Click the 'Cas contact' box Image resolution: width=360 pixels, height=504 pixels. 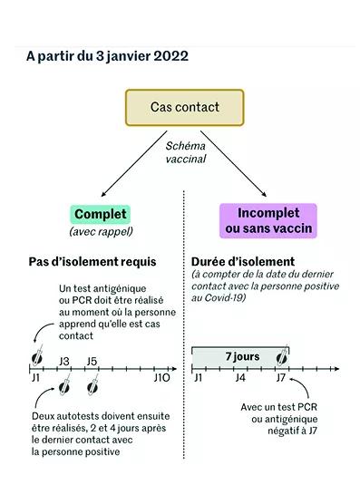(x=184, y=107)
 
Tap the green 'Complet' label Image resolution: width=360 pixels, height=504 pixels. (x=101, y=215)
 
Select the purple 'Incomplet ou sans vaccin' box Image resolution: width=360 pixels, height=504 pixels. (x=268, y=220)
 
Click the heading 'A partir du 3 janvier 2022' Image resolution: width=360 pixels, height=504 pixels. (x=107, y=56)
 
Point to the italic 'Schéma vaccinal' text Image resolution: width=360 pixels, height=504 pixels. (x=186, y=152)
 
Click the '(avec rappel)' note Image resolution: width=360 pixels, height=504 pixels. (x=101, y=231)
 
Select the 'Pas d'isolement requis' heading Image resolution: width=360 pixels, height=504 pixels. (x=92, y=262)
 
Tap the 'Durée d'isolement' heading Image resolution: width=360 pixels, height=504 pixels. (x=243, y=262)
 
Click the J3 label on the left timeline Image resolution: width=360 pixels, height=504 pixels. (x=64, y=362)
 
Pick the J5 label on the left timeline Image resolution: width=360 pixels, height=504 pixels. (x=92, y=362)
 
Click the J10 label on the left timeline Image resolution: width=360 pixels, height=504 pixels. (x=161, y=378)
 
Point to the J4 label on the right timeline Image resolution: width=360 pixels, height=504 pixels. (x=240, y=378)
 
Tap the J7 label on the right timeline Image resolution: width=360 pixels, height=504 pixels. (x=280, y=378)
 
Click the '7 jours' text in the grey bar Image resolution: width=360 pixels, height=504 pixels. (x=242, y=356)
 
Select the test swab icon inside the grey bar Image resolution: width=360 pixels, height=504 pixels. (x=283, y=355)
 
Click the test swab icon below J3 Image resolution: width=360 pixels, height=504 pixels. (x=64, y=384)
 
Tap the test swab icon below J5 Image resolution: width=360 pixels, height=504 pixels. (x=92, y=384)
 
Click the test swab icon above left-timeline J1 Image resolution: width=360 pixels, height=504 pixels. (x=37, y=355)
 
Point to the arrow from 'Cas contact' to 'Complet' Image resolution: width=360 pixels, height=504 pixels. (x=134, y=163)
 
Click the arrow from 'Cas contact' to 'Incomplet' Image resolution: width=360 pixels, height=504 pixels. (x=234, y=163)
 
